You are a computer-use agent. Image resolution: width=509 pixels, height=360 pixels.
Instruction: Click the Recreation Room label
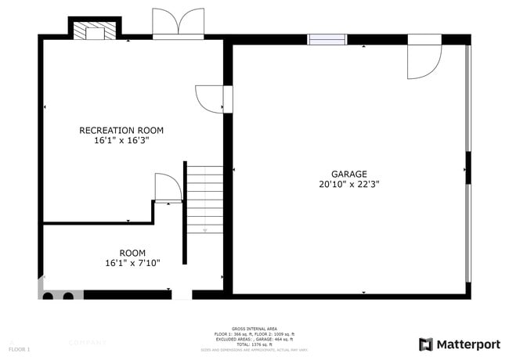121,130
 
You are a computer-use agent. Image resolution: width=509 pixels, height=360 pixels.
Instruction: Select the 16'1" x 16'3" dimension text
121,142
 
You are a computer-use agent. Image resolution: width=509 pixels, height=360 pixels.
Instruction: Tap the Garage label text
348,174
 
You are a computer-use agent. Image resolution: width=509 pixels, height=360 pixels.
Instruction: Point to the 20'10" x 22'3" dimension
348,185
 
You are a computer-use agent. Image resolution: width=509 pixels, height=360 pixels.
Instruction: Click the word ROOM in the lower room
132,252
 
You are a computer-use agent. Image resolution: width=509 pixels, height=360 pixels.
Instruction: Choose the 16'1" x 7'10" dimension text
132,263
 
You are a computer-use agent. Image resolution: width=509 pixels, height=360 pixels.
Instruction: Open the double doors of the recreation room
178,23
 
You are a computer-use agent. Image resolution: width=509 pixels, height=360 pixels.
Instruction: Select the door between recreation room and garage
210,99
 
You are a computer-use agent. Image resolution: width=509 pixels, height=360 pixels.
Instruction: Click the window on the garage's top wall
327,39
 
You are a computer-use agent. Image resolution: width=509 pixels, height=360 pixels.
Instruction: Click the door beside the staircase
168,189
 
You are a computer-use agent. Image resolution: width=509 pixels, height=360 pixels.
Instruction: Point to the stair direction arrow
205,229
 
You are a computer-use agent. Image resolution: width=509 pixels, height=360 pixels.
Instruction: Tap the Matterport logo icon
425,344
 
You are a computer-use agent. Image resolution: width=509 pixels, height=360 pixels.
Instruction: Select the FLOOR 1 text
20,348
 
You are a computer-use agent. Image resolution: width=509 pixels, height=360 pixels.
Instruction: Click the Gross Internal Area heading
254,328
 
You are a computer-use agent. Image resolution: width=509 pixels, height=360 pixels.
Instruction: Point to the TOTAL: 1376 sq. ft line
254,344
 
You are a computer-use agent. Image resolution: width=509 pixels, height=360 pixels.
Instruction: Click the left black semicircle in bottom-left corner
48,296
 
